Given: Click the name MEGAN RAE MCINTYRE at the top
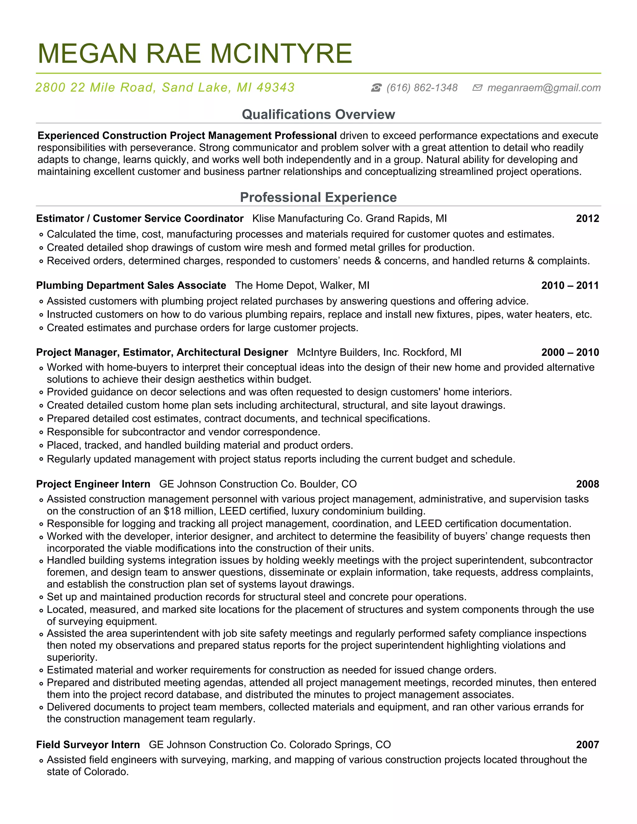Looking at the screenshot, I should click(195, 53).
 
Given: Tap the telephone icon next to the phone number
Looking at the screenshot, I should click(376, 88).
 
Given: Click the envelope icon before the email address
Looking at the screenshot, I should click(477, 88).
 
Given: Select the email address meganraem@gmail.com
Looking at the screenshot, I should click(544, 88).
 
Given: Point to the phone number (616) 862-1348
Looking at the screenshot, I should click(422, 88).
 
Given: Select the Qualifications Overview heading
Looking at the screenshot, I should click(318, 114).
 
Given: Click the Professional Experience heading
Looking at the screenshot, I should click(318, 197).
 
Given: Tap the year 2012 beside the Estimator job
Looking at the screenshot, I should click(587, 219).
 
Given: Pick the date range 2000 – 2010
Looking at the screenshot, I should click(570, 352).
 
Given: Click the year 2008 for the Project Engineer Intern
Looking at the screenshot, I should click(587, 484).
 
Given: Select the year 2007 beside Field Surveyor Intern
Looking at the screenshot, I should click(587, 745).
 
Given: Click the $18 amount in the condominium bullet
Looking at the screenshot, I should click(172, 511).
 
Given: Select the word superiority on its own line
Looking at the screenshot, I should click(72, 657).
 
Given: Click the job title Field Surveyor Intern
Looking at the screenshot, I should click(88, 745).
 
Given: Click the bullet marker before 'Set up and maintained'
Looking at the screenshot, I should click(41, 598).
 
